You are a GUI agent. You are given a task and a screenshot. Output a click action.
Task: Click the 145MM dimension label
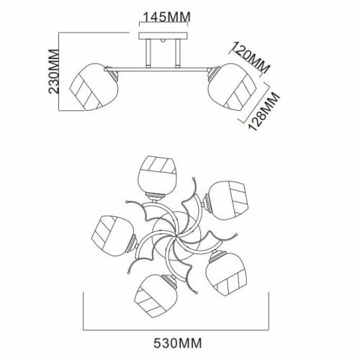point(167,17)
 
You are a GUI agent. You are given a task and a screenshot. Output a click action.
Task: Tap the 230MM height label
point(53,71)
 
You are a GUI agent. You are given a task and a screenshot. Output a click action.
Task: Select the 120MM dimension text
point(251,58)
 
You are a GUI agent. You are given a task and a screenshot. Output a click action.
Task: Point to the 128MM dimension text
point(264,112)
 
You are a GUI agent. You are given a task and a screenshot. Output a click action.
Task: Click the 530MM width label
point(178,343)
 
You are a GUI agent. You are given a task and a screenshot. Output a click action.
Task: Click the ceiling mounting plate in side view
point(163,36)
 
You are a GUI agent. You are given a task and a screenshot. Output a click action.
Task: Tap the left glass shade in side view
point(94,87)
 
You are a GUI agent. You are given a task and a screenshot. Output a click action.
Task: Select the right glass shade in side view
point(232,87)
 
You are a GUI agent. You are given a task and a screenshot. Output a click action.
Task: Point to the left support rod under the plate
point(148,53)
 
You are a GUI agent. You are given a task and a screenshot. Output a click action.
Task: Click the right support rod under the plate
point(178,53)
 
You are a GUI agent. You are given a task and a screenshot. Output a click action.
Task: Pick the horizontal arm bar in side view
point(156,69)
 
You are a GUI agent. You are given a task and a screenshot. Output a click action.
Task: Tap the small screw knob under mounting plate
point(163,40)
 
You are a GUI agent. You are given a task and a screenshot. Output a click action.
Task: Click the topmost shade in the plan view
point(158,175)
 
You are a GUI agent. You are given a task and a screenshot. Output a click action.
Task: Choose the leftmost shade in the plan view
point(113,236)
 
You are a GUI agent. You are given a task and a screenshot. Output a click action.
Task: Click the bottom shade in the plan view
point(156,295)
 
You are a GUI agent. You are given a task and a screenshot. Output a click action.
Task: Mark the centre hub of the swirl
point(176,237)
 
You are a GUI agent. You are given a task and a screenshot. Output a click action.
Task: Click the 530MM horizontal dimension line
point(176,330)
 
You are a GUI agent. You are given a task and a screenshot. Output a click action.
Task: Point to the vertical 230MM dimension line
point(59,71)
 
